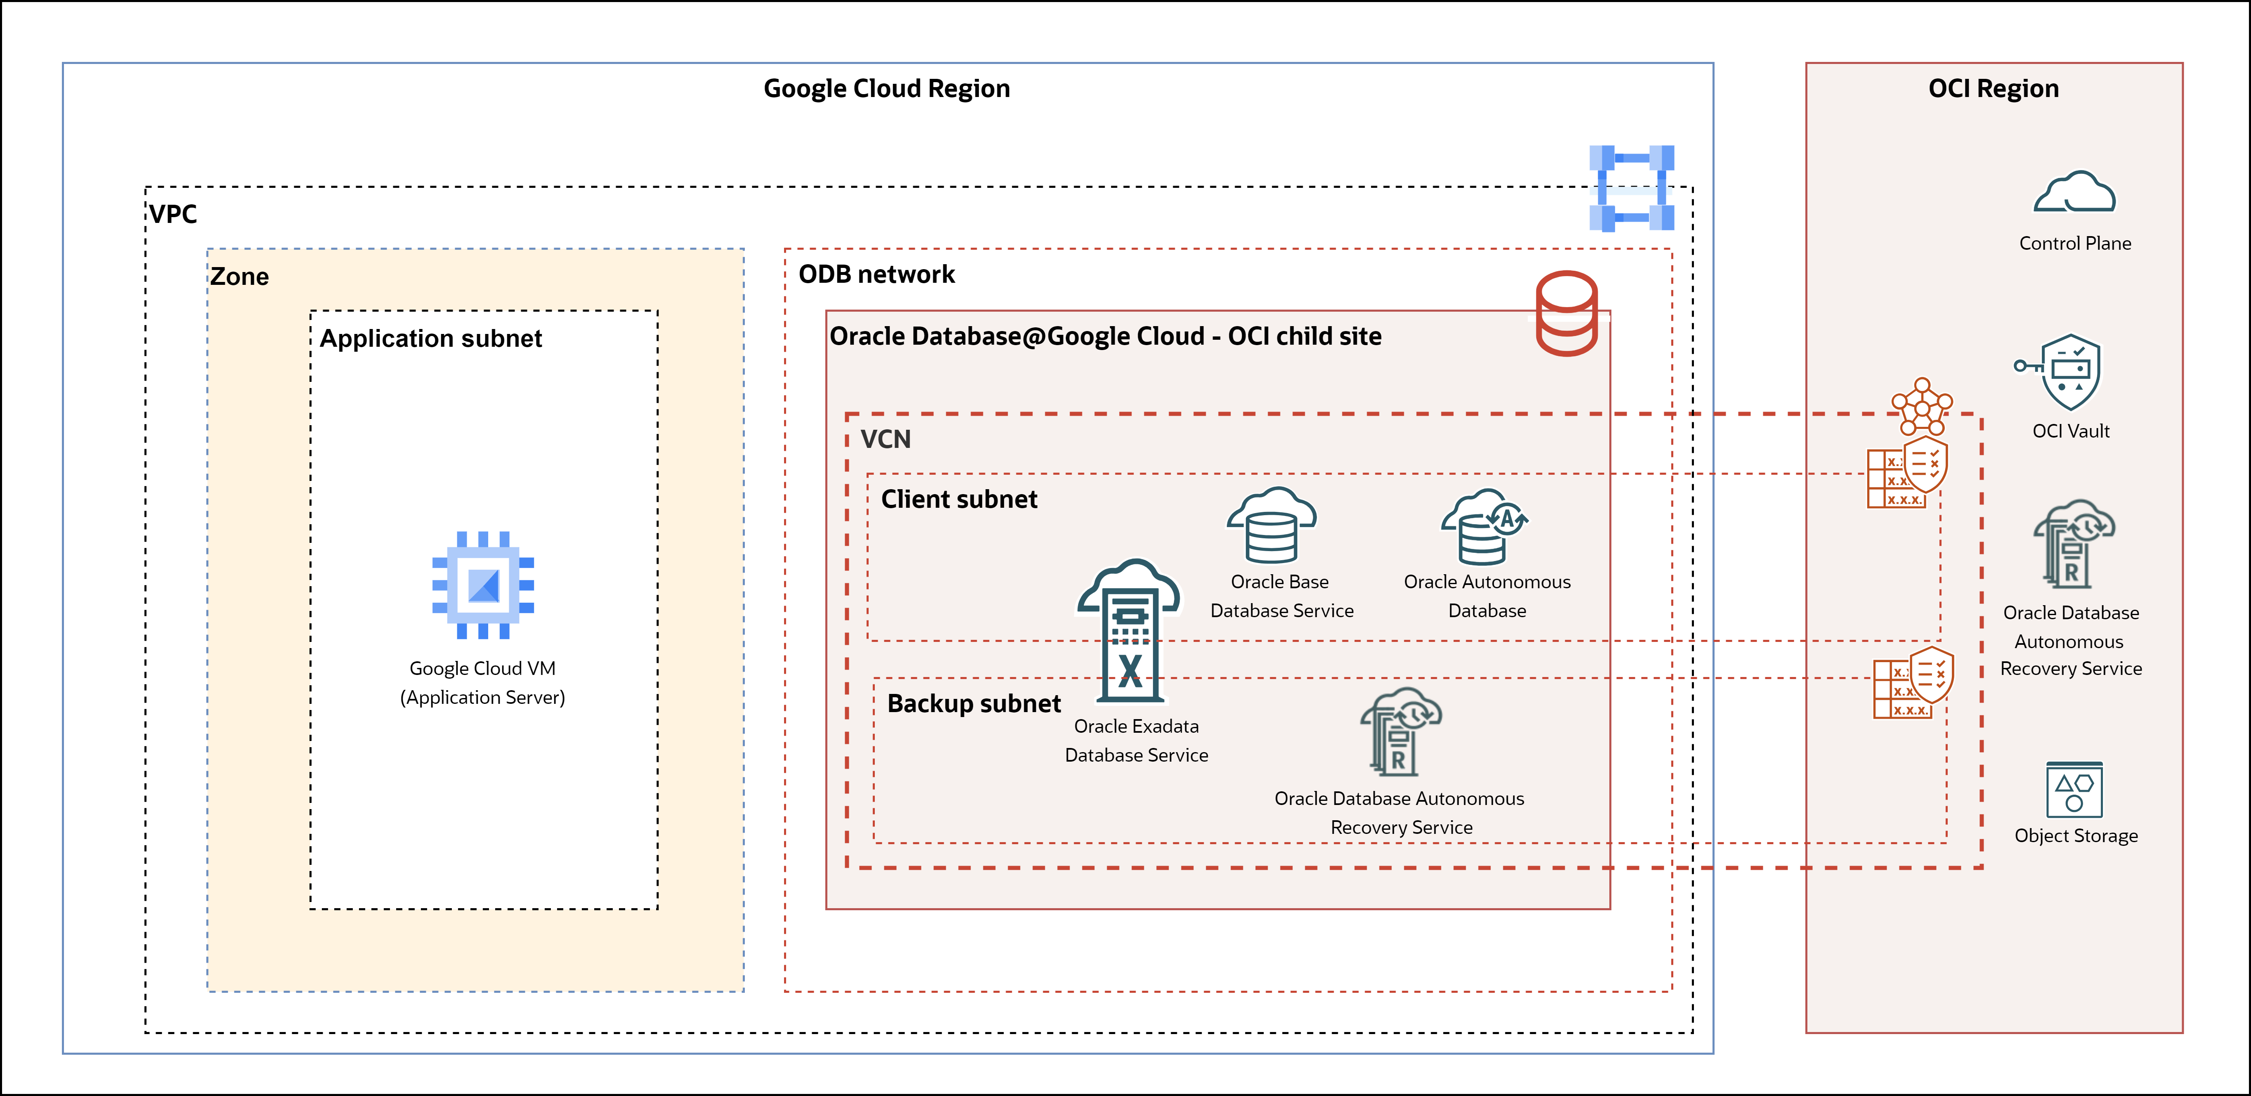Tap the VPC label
[x=173, y=214]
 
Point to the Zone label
[x=239, y=277]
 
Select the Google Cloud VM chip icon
[x=483, y=585]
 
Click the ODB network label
[x=876, y=275]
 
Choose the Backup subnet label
[x=973, y=703]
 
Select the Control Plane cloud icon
[x=2074, y=192]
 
